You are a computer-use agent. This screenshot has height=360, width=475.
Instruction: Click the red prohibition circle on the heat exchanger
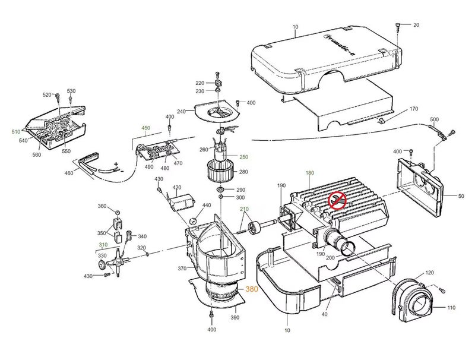click(x=337, y=201)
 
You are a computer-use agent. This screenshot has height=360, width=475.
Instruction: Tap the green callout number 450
click(x=145, y=128)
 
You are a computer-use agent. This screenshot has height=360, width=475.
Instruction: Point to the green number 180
click(x=309, y=173)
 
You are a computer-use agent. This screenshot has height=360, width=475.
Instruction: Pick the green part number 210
click(x=244, y=209)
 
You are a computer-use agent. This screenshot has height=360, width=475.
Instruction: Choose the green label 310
click(x=103, y=244)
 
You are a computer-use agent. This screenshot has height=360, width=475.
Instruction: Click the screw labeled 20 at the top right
click(x=398, y=27)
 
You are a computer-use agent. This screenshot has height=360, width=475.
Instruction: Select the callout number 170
click(x=414, y=109)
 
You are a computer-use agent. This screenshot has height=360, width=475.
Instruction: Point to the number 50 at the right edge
click(x=461, y=195)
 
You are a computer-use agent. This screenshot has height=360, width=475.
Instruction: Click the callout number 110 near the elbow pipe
click(x=451, y=308)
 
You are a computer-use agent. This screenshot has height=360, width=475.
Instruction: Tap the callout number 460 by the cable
click(x=69, y=173)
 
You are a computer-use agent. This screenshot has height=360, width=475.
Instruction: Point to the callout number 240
click(x=182, y=112)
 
